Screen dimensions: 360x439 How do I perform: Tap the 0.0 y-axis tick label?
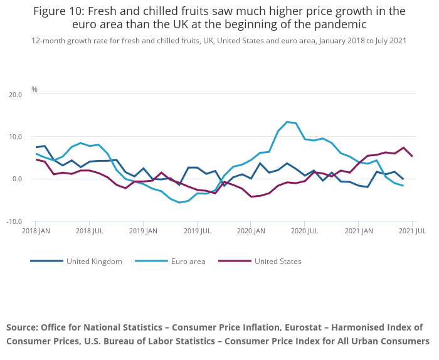tap(16, 179)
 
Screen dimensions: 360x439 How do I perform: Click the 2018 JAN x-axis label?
tap(35, 231)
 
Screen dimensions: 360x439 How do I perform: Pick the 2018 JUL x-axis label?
tap(89, 231)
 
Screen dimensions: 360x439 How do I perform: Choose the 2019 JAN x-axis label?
tap(143, 231)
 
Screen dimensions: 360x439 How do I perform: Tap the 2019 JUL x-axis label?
tap(197, 231)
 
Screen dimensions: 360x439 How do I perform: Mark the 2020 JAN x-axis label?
tap(251, 231)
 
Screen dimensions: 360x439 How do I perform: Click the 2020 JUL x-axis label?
tap(305, 231)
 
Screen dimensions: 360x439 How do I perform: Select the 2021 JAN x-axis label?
tap(358, 231)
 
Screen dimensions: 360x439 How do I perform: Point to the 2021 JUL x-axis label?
tap(413, 231)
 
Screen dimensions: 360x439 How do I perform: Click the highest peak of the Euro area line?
tap(287, 122)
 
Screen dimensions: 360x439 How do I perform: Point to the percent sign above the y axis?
tap(34, 90)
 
